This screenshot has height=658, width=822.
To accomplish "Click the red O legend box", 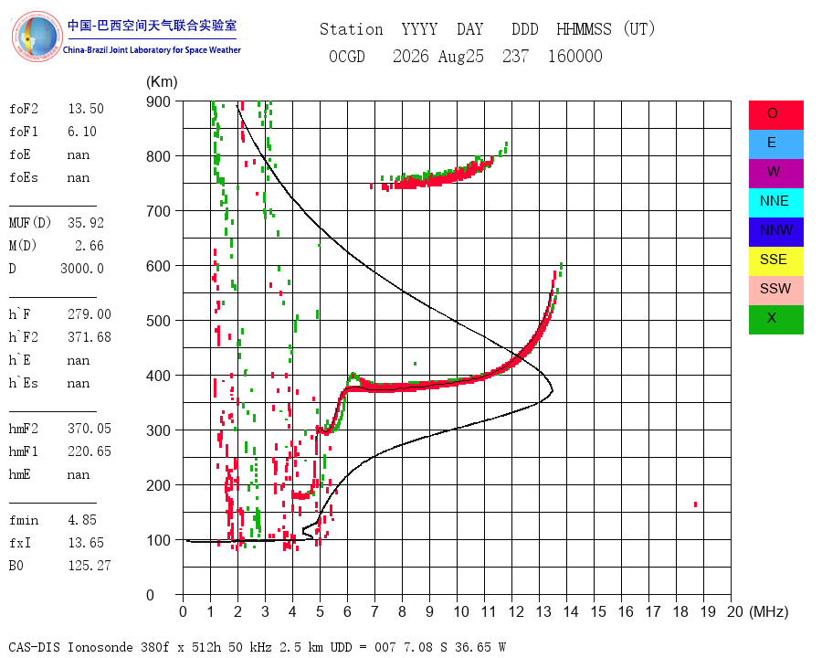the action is click(x=775, y=115).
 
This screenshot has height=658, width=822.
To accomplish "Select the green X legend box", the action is click(x=775, y=319).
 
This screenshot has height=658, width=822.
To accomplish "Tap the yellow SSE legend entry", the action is click(x=775, y=260).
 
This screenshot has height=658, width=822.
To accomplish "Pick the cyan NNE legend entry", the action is click(x=775, y=203).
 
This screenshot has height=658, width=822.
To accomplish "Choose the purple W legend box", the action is click(x=775, y=173).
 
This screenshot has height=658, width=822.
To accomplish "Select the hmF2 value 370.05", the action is click(x=90, y=429).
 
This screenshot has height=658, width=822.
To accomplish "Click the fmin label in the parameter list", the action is click(x=24, y=520).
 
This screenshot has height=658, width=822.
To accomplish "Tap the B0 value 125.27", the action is click(x=90, y=566).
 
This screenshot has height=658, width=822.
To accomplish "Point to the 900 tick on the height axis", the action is click(x=158, y=101).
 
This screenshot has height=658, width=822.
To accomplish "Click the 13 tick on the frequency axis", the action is click(x=543, y=611).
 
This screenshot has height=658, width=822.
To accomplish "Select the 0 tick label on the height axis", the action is click(x=150, y=595).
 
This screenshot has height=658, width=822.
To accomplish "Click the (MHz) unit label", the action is click(x=769, y=611).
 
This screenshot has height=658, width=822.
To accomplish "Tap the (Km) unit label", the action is click(x=162, y=82).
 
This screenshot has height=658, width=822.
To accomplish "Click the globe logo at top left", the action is click(x=37, y=37).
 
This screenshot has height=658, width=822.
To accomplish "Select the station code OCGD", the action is click(x=347, y=56).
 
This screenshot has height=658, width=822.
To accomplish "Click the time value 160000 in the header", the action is click(x=575, y=56).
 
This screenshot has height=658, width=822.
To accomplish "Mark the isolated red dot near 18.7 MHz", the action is click(x=695, y=504).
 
